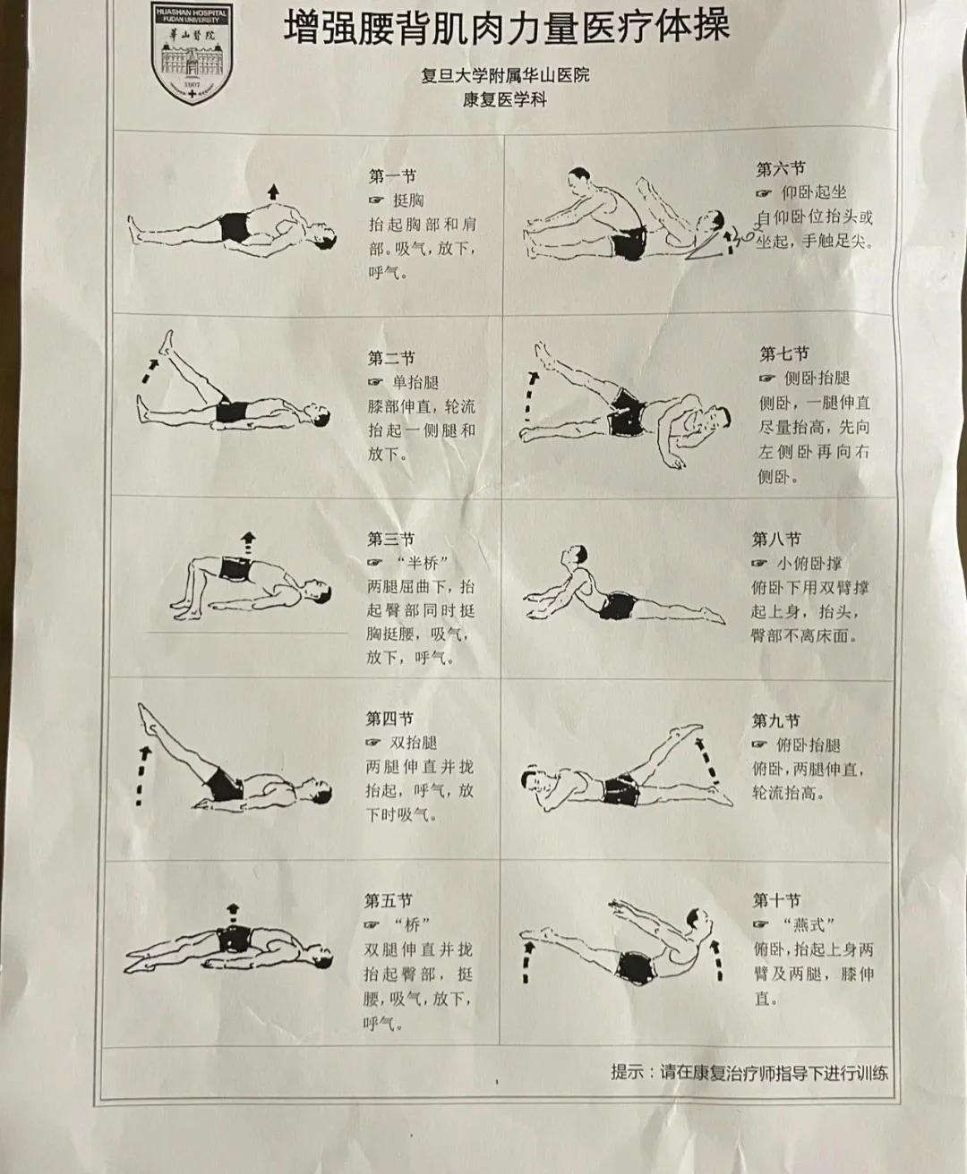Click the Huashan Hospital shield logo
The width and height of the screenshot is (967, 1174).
(192, 53)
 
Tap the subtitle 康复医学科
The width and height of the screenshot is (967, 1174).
(505, 100)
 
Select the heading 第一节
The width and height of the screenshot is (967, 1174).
(391, 177)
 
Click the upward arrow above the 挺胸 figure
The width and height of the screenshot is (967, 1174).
(273, 192)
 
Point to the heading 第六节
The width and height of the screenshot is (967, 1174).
(781, 169)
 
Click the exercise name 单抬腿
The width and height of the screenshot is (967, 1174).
(415, 382)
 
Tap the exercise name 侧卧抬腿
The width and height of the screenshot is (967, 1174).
(817, 379)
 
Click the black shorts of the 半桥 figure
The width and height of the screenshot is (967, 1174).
(236, 569)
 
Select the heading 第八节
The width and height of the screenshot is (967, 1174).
(776, 539)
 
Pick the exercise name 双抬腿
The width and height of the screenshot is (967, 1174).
(414, 743)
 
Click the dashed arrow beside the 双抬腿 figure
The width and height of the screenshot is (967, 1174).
(142, 777)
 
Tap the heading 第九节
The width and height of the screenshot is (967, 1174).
(776, 721)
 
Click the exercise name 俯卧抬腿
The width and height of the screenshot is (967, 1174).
(809, 745)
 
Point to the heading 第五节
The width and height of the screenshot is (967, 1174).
(389, 901)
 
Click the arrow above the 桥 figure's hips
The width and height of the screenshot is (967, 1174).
(232, 913)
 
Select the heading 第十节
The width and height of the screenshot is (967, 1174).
(776, 900)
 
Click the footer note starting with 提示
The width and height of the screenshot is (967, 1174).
(749, 1072)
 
